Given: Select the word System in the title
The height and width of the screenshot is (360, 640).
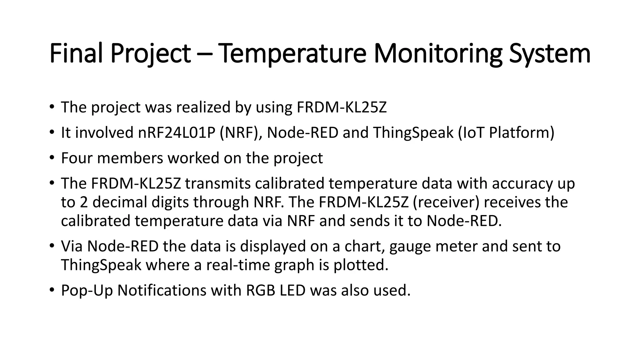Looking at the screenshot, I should click(550, 53).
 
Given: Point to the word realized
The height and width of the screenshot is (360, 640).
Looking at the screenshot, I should click(203, 107).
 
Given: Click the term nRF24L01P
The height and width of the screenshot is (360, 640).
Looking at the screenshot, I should click(177, 132).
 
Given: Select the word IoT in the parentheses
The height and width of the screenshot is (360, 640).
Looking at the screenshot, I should click(471, 132).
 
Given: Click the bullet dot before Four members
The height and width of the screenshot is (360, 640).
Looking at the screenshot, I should click(52, 157).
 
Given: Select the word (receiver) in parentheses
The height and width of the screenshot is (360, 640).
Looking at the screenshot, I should click(446, 202).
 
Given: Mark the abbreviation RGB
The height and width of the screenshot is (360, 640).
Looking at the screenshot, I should click(261, 290).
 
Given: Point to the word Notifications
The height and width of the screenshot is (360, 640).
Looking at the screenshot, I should click(162, 290).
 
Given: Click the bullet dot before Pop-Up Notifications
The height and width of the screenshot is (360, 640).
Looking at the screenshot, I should click(52, 290).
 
